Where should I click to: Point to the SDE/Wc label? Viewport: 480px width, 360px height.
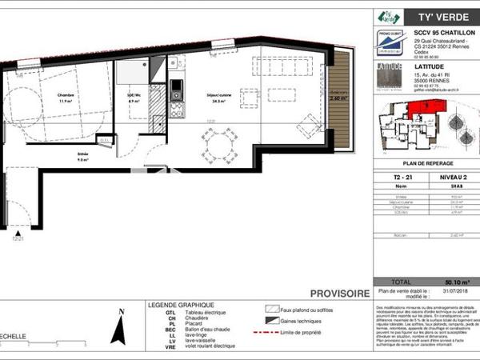(134, 98)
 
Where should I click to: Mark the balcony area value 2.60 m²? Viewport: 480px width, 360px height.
(339, 99)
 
